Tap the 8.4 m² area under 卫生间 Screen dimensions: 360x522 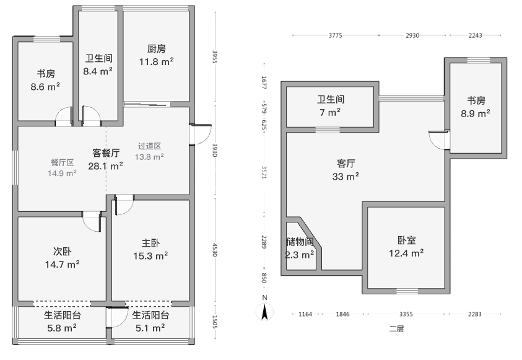98,71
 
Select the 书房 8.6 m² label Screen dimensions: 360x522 45,81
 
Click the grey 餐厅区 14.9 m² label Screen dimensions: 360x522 62,168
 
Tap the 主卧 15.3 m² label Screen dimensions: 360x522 150,249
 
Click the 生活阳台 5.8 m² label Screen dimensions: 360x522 62,322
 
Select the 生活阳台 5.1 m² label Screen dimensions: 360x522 150,322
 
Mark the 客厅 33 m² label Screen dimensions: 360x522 346,170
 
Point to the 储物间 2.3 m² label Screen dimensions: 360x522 300,248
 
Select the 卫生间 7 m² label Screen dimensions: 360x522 330,105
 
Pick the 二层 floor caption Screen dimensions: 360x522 396,329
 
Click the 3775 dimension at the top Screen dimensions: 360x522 335,35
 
